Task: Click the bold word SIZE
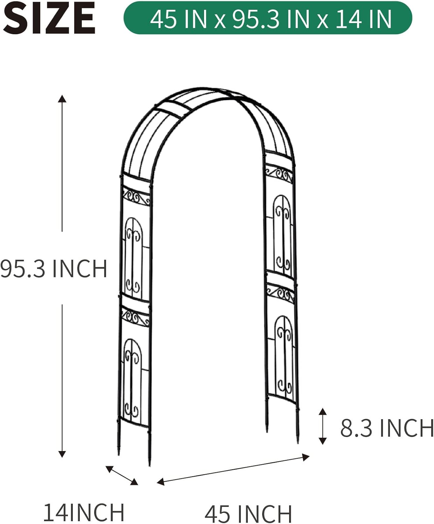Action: point(49,18)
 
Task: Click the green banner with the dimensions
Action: point(268,18)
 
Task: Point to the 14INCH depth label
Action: point(84,512)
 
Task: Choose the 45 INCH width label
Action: point(248,514)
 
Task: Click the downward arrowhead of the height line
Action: point(62,454)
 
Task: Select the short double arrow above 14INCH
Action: point(122,475)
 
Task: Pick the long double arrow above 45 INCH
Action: point(233,469)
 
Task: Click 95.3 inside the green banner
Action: point(257,19)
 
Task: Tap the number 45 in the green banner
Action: point(164,19)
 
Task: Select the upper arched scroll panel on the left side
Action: point(133,257)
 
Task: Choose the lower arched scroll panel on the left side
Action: point(133,377)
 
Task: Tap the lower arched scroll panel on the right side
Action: point(283,355)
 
